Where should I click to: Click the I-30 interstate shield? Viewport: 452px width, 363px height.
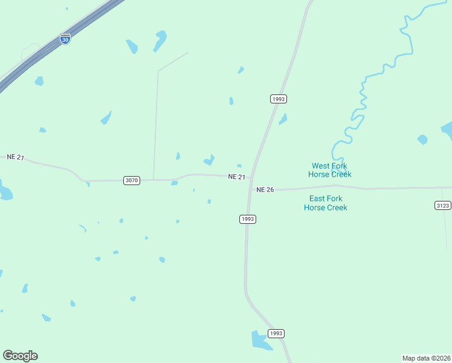click(x=65, y=39)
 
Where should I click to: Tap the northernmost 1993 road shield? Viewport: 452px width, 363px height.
click(x=278, y=99)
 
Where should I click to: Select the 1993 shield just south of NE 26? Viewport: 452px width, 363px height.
click(x=248, y=219)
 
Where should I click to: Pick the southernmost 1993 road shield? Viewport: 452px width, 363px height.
click(x=276, y=333)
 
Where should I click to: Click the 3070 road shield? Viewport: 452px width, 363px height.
click(x=132, y=180)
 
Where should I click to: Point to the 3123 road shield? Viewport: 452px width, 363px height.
click(x=442, y=206)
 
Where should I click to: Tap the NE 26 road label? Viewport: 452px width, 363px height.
click(x=265, y=189)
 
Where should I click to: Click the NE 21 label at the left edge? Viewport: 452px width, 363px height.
click(x=15, y=157)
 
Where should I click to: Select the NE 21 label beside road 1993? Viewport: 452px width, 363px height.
click(x=237, y=177)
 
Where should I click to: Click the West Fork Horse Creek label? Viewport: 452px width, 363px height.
click(x=330, y=170)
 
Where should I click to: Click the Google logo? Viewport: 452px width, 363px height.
click(x=20, y=356)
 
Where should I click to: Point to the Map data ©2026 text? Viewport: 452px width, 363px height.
click(x=426, y=358)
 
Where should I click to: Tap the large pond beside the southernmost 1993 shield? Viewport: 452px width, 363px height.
click(x=261, y=340)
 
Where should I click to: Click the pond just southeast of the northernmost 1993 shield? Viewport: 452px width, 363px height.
click(x=283, y=119)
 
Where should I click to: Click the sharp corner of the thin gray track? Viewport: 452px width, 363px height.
click(x=158, y=71)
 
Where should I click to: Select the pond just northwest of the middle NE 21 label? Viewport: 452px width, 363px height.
click(x=209, y=160)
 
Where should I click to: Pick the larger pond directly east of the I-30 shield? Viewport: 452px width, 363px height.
click(x=160, y=41)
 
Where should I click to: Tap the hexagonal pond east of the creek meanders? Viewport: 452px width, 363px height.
click(x=422, y=140)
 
